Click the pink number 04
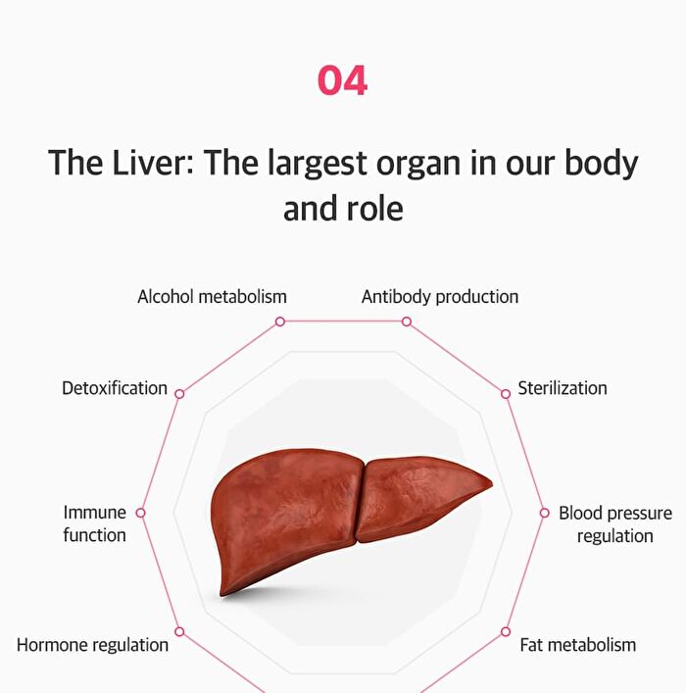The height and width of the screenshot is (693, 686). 343,80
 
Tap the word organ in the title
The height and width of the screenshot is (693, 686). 418,165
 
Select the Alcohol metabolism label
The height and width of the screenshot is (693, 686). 212,297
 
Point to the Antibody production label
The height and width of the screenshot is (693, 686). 440,297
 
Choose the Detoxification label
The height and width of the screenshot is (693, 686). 115,388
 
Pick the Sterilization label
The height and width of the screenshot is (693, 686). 563,388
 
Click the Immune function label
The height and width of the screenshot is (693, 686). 95,523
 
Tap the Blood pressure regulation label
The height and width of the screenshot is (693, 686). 615,524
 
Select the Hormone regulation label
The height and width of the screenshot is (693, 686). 92,645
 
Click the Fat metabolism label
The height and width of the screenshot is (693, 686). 577,645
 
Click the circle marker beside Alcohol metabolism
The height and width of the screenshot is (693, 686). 280,322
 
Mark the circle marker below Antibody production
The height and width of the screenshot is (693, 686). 407,322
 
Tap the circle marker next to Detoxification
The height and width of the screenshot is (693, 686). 179,394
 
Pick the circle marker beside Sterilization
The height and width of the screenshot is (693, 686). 506,394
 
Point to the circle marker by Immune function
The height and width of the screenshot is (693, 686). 140,513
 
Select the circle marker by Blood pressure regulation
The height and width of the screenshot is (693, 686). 545,513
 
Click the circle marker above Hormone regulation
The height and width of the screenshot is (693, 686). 179,631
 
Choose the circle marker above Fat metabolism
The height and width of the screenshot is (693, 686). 506,631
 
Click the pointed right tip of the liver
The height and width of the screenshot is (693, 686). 492,484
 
